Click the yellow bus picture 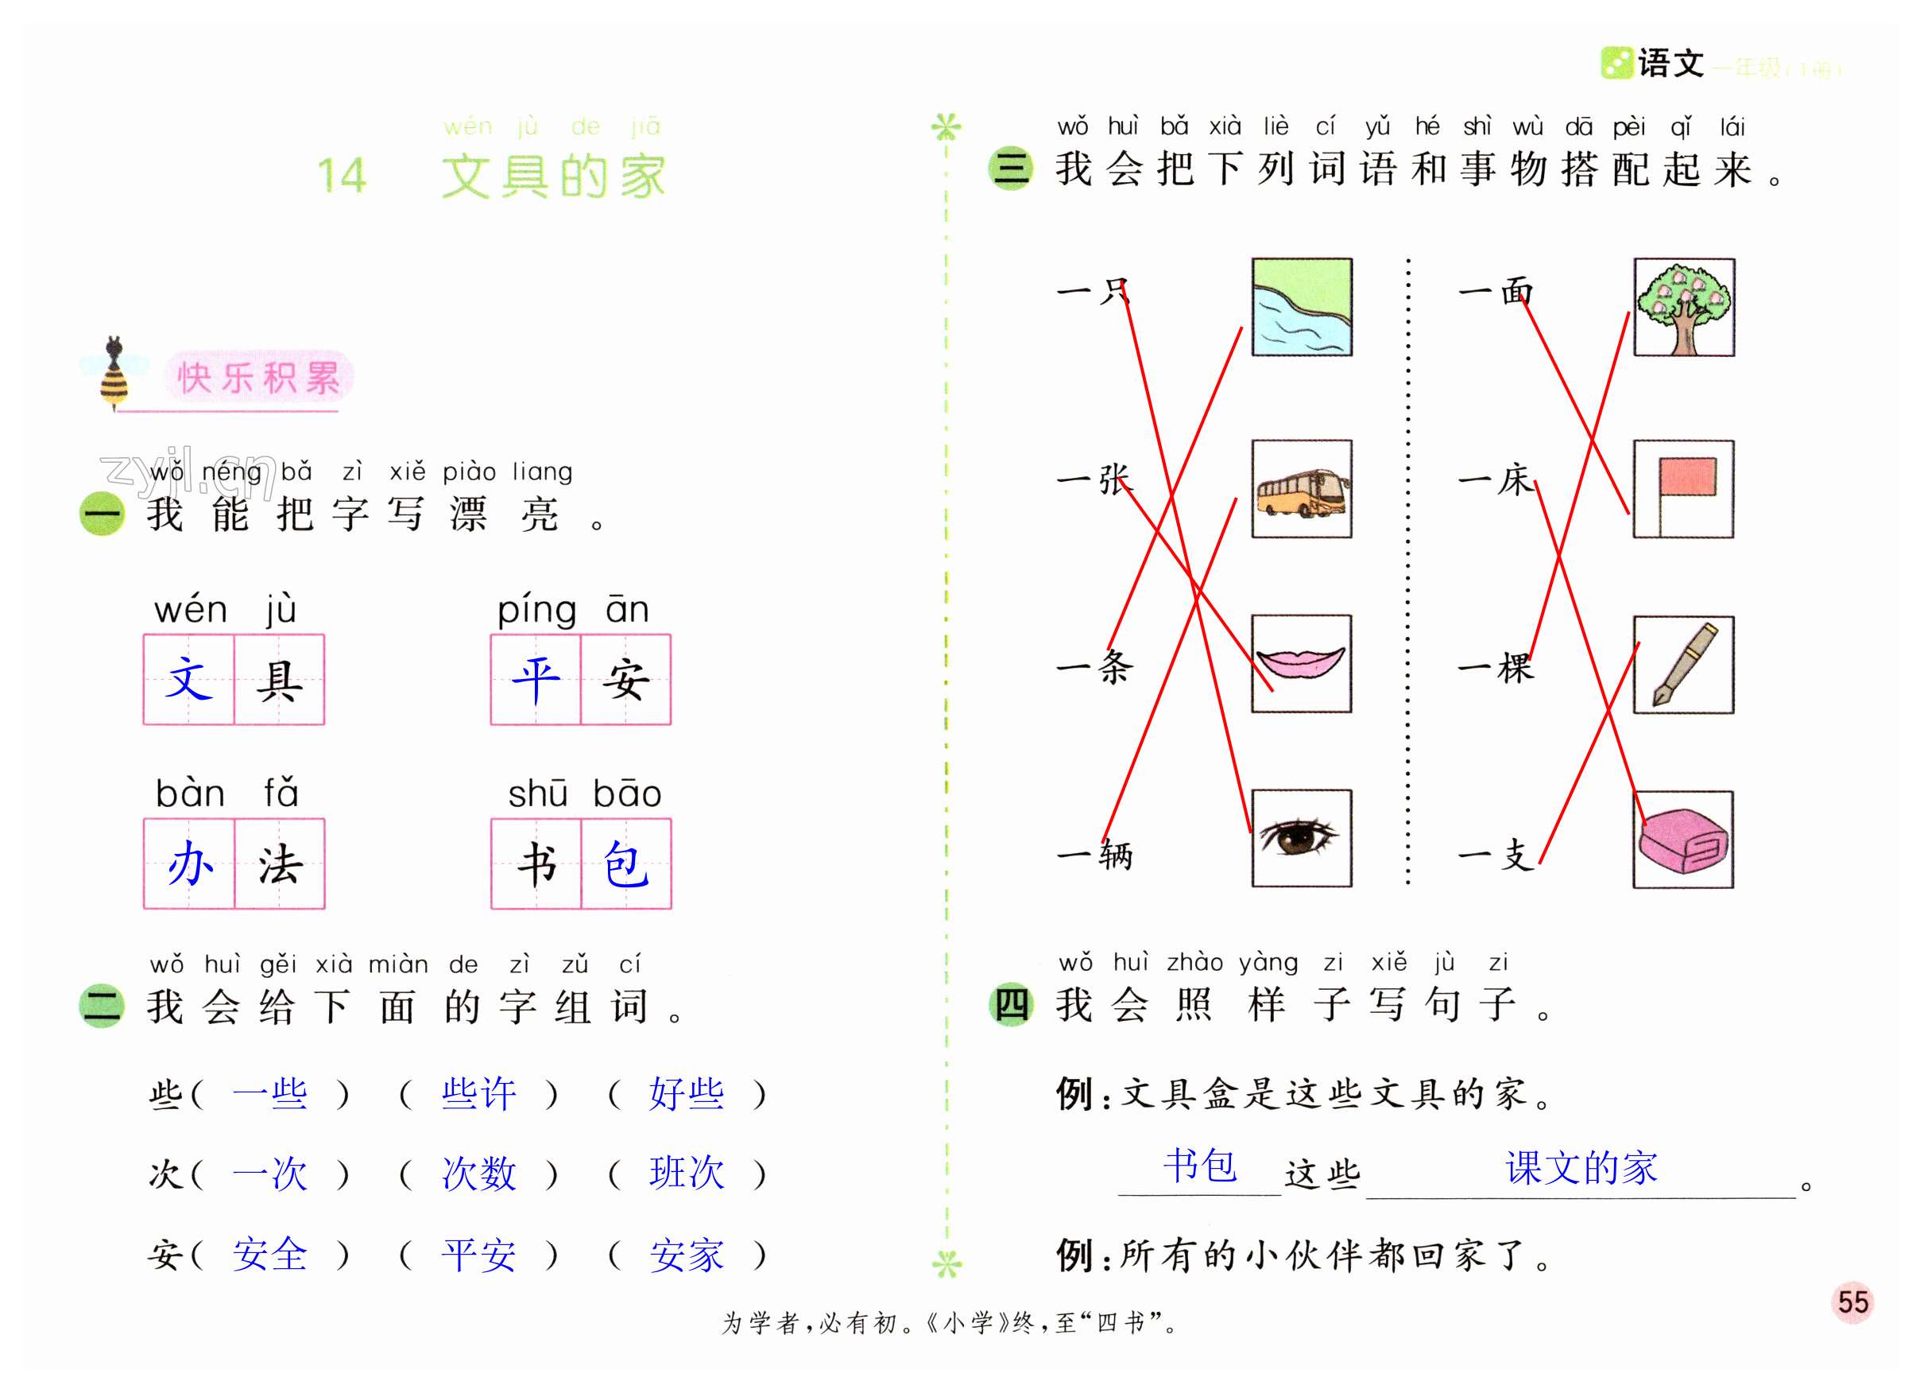click(x=1301, y=490)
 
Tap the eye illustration click(x=1301, y=838)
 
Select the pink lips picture click(x=1301, y=663)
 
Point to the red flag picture click(x=1683, y=489)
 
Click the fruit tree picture click(x=1683, y=308)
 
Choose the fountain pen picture click(x=1683, y=665)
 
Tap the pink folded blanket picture click(x=1683, y=840)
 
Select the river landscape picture click(x=1301, y=308)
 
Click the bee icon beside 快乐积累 click(x=114, y=373)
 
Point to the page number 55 click(x=1852, y=1302)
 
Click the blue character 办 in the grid click(x=190, y=864)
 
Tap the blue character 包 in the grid click(x=625, y=864)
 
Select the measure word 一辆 click(x=1094, y=855)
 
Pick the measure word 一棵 click(x=1496, y=668)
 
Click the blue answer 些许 click(x=478, y=1094)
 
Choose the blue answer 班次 click(x=687, y=1174)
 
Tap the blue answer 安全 click(x=270, y=1254)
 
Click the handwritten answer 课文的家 click(x=1581, y=1168)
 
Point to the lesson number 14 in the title click(x=342, y=177)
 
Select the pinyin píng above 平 click(x=536, y=611)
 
